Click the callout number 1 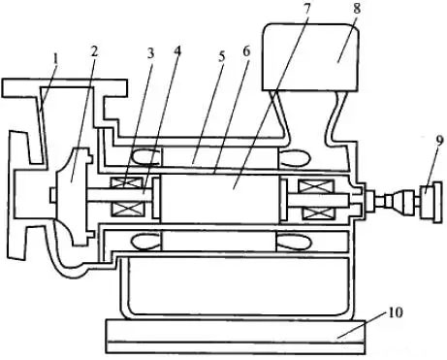tap(56, 60)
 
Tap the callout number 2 tap(94, 51)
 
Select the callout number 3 tap(150, 53)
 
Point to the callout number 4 tap(177, 51)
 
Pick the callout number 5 tap(221, 56)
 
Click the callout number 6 tap(246, 51)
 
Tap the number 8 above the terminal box tap(357, 9)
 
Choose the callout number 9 tap(440, 141)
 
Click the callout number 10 tap(395, 312)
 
